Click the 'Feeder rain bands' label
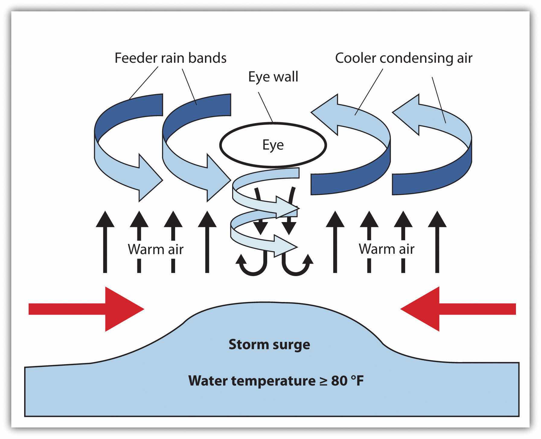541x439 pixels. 170,58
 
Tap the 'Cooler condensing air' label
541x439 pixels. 403,58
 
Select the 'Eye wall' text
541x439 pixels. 273,77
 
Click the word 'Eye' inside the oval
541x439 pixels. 273,145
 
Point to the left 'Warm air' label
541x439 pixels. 155,249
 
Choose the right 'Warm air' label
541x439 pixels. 386,249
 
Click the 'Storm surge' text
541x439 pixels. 269,344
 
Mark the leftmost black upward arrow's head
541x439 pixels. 105,220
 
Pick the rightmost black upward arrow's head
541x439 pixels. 437,220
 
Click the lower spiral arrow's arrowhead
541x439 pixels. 287,247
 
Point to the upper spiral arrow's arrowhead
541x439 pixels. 288,208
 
